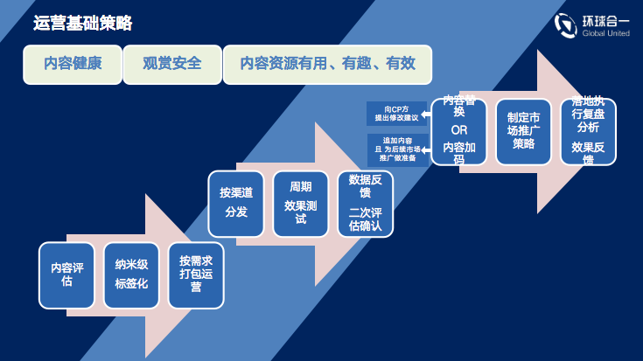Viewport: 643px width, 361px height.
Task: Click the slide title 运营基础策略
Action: coord(82,24)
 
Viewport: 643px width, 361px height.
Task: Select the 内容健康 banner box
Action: coord(73,65)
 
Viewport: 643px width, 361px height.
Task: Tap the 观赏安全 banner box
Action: coord(172,65)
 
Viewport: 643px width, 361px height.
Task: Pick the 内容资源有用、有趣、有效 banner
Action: coord(327,65)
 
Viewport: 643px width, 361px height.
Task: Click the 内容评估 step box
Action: coord(66,275)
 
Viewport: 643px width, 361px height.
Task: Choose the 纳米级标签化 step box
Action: coord(131,275)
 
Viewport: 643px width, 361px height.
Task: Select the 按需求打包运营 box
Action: coord(196,275)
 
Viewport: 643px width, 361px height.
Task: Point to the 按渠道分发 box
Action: coord(236,204)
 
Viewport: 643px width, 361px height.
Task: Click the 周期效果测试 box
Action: coord(301,204)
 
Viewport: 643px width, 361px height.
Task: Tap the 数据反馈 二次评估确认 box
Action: coord(365,204)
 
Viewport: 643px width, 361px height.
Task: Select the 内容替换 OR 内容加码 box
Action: coord(459,131)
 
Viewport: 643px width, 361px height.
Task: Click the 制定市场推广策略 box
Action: coord(523,131)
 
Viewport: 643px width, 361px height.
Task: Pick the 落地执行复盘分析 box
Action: coord(588,131)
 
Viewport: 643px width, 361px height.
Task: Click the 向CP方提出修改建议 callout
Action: coord(396,114)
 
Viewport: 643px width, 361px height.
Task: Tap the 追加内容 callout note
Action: coord(397,149)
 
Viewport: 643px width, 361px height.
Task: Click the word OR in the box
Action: coord(459,130)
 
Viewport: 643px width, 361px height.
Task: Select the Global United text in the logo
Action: coord(605,33)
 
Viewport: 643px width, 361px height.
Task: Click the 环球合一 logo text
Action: coord(605,21)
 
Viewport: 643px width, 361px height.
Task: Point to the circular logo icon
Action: coord(565,25)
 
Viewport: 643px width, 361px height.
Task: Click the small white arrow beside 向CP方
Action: coord(426,115)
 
